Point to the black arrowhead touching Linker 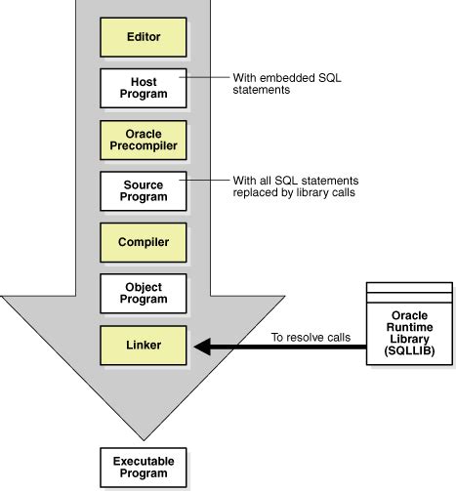tap(202, 346)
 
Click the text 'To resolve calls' tap(312, 337)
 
